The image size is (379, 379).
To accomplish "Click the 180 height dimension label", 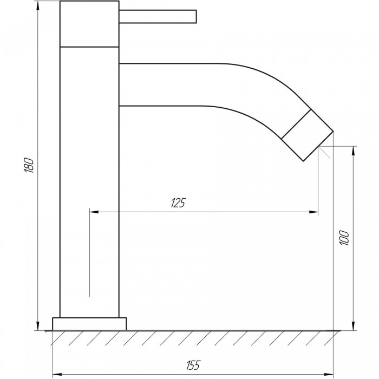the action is tap(29, 165).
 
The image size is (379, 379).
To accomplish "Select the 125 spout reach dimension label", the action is tap(178, 203).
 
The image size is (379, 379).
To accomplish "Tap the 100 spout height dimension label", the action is tap(344, 238).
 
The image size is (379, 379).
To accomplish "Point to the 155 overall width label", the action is tap(193, 365).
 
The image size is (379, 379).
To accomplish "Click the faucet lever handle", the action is tap(158, 17).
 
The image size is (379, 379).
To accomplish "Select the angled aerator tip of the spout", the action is tap(307, 135).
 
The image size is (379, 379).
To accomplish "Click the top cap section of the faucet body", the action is tap(89, 24).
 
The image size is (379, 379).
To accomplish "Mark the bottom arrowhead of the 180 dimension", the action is tap(38, 326).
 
